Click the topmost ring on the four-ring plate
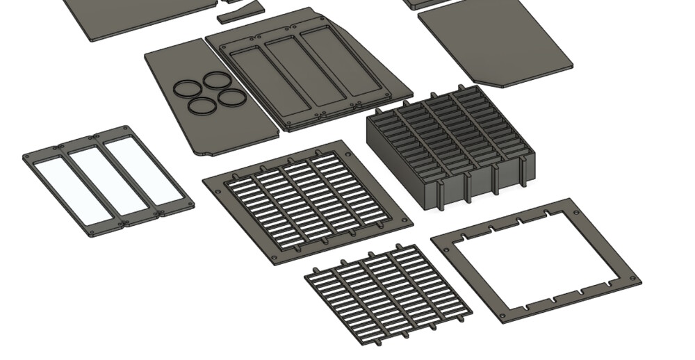click(x=216, y=79)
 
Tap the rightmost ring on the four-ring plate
click(x=231, y=97)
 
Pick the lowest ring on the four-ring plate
click(x=202, y=107)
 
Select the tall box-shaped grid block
click(x=452, y=146)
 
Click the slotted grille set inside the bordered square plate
click(x=307, y=200)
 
